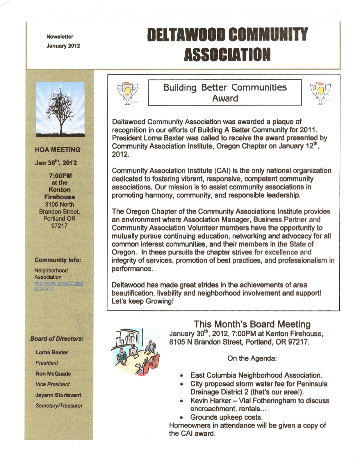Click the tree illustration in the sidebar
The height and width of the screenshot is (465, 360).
click(60, 109)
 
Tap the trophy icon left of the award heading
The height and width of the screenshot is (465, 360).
click(127, 93)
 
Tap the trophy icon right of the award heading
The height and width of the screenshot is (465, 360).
click(320, 93)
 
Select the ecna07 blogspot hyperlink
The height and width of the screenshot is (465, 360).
click(58, 286)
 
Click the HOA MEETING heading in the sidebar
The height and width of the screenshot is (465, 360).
click(58, 150)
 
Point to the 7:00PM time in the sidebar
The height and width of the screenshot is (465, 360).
click(60, 176)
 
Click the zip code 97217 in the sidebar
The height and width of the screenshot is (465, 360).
click(59, 226)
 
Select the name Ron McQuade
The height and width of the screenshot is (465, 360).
click(53, 374)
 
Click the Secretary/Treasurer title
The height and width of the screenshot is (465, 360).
click(59, 406)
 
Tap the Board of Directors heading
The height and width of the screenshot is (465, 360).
click(57, 339)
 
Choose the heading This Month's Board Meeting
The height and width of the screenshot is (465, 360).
click(252, 324)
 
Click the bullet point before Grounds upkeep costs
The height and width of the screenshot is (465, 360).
click(181, 418)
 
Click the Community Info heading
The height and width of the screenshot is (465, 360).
click(58, 260)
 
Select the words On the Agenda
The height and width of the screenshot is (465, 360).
click(252, 358)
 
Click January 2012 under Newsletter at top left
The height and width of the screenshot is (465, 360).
click(63, 46)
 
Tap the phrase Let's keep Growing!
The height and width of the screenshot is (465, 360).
click(142, 301)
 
